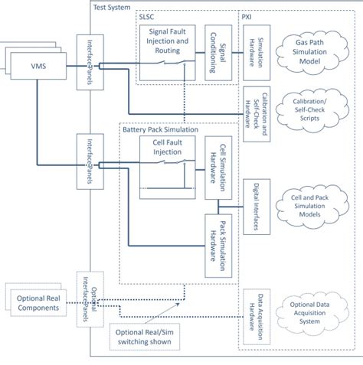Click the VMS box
[38, 67]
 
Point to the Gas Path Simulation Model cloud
[313, 50]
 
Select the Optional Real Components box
[40, 303]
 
